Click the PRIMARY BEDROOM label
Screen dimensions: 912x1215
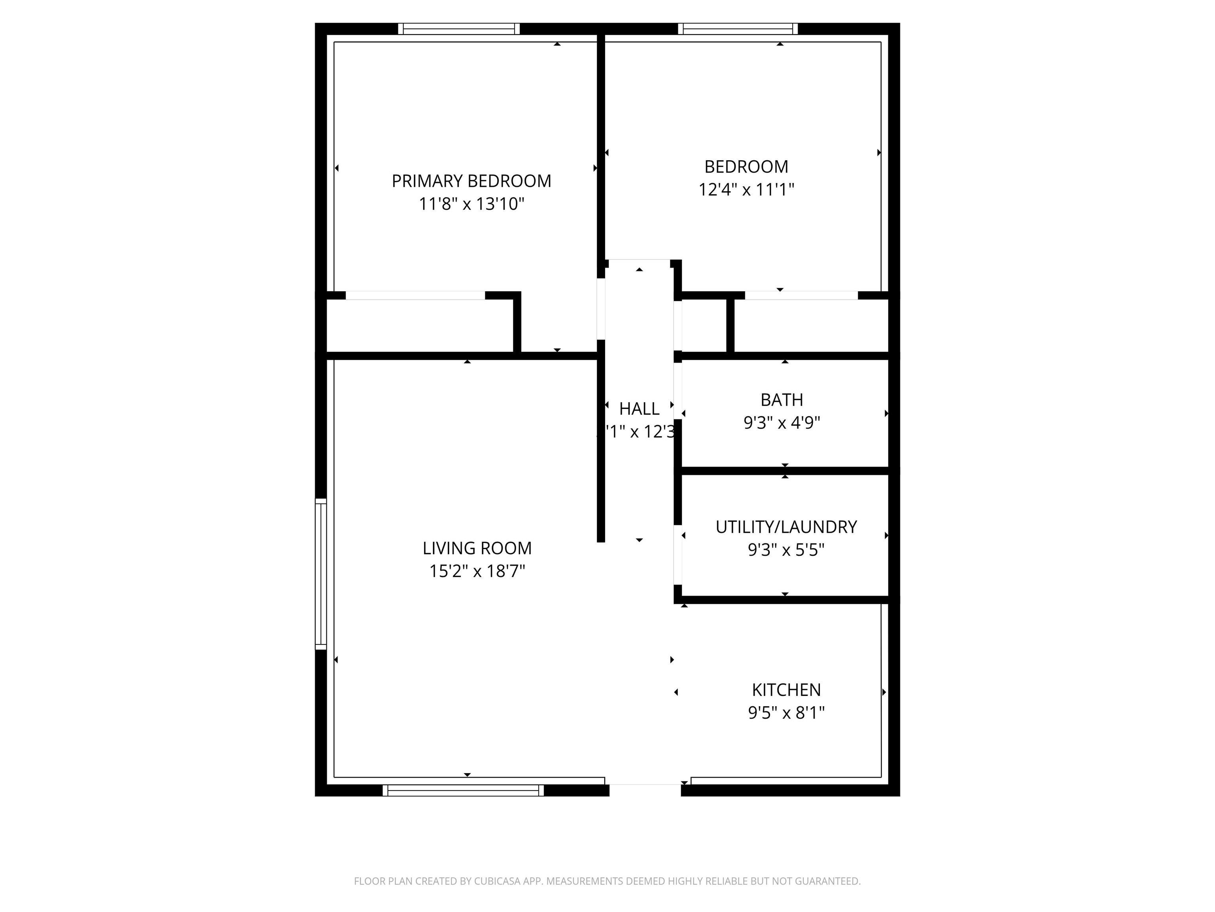point(471,181)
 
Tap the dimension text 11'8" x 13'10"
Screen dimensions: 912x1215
point(471,204)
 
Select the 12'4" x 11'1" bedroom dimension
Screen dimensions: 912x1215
point(746,190)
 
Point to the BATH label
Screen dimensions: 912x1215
point(782,400)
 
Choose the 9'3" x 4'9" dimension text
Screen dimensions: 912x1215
point(782,423)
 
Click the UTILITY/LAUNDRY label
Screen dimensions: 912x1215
point(786,526)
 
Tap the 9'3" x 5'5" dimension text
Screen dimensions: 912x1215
point(786,550)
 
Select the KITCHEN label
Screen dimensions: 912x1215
point(786,690)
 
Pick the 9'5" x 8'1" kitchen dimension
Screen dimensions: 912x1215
point(786,712)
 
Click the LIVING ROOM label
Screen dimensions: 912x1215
point(477,548)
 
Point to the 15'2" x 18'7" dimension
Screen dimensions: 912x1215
point(477,571)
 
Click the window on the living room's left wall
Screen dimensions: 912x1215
point(320,574)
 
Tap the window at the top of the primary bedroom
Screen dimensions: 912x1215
point(459,28)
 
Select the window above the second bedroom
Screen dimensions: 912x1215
point(738,28)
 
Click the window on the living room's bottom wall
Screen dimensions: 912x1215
point(463,790)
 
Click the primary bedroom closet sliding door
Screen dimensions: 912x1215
point(415,296)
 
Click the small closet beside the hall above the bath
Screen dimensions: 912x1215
point(704,326)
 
